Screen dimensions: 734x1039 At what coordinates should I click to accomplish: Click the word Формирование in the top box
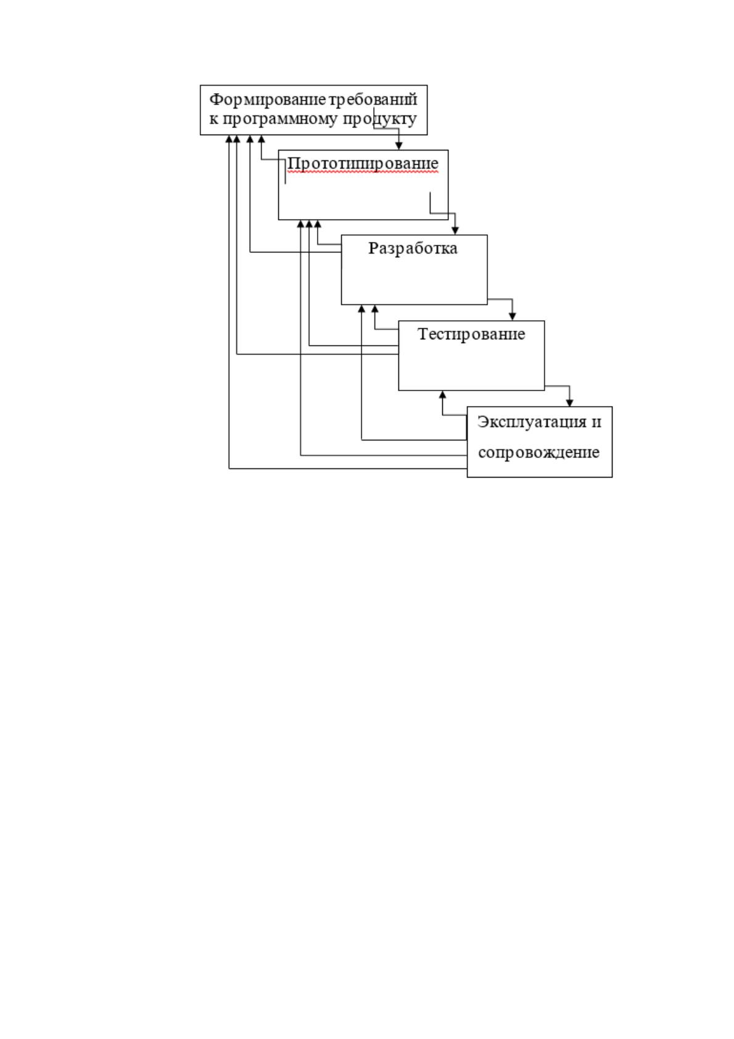(x=268, y=100)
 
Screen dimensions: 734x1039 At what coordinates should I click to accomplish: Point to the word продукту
(x=380, y=120)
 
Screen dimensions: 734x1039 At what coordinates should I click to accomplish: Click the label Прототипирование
(x=363, y=164)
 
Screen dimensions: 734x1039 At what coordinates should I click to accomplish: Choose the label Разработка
(x=413, y=248)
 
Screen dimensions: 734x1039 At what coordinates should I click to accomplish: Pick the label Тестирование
(x=471, y=334)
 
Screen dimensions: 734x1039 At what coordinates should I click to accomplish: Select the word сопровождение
(x=538, y=452)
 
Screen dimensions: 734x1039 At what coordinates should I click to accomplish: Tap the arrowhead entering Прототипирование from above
(x=398, y=146)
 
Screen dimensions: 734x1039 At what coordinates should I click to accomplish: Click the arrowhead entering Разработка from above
(x=455, y=231)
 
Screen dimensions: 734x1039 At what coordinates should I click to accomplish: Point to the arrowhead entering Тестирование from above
(x=512, y=317)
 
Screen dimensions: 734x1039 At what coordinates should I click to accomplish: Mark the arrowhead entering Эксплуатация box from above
(x=569, y=403)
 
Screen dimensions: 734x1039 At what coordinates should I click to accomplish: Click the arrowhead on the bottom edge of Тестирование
(x=442, y=395)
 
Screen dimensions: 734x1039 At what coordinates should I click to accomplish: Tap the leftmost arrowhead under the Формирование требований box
(x=229, y=139)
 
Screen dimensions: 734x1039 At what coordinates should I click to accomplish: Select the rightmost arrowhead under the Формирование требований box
(x=262, y=139)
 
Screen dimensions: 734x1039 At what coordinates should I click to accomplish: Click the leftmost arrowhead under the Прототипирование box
(x=300, y=224)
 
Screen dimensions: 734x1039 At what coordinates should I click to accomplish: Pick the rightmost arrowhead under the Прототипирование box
(x=318, y=224)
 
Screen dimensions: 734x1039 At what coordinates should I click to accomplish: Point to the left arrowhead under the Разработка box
(x=361, y=309)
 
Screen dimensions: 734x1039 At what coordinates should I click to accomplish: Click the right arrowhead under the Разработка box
(x=374, y=309)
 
